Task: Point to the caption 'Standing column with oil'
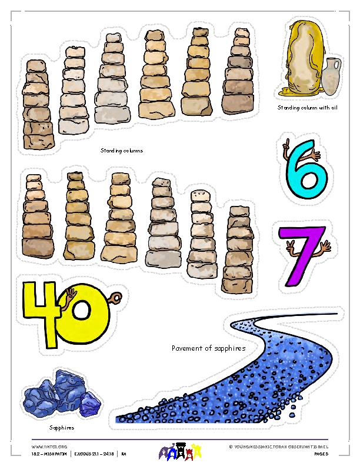[x=307, y=108]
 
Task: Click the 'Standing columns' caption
[x=122, y=151]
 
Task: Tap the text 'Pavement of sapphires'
[x=208, y=348]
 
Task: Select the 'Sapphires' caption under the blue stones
[x=61, y=428]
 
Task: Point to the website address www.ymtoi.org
[x=45, y=447]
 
